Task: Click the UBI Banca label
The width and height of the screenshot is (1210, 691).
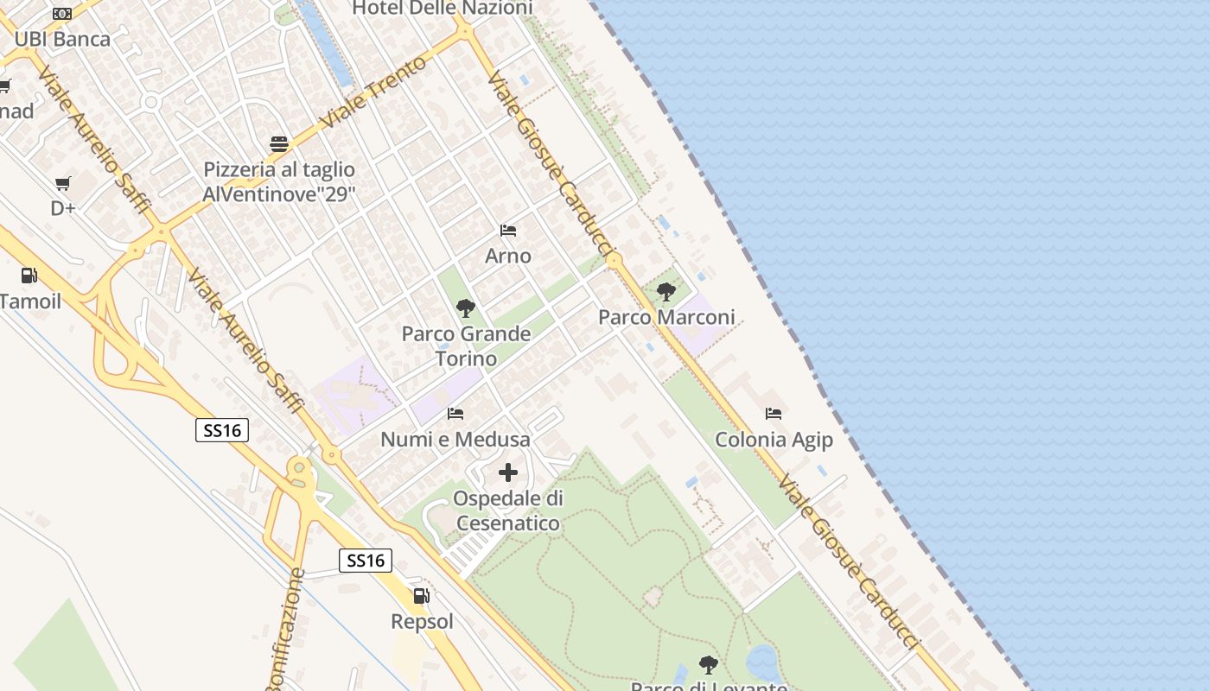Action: click(x=62, y=39)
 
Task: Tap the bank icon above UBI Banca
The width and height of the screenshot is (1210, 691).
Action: click(x=62, y=14)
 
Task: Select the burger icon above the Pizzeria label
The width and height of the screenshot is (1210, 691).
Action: click(x=279, y=143)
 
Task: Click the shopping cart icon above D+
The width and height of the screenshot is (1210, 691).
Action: click(x=62, y=183)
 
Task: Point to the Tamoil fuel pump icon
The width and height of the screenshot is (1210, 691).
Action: click(x=29, y=276)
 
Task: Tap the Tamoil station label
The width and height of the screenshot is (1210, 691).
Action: click(x=31, y=301)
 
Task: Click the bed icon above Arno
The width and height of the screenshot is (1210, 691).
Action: click(x=508, y=231)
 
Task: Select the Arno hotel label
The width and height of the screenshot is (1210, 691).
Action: click(x=508, y=256)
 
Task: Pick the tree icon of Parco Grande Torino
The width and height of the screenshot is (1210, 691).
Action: click(x=466, y=307)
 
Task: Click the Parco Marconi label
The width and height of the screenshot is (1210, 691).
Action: click(x=666, y=317)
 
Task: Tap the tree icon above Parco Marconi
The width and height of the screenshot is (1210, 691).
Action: click(x=665, y=292)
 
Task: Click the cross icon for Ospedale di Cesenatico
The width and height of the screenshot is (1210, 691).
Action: click(x=508, y=472)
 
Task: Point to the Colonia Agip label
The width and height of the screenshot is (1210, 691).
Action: click(x=774, y=440)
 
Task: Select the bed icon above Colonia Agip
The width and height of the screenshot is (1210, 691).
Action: click(x=774, y=415)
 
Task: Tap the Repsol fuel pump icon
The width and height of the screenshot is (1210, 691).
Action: click(x=422, y=595)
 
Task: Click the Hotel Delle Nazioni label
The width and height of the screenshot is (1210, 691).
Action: click(x=443, y=9)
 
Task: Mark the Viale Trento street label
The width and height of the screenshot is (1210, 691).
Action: click(x=373, y=92)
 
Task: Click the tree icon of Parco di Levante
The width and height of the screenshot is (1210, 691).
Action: click(x=709, y=664)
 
